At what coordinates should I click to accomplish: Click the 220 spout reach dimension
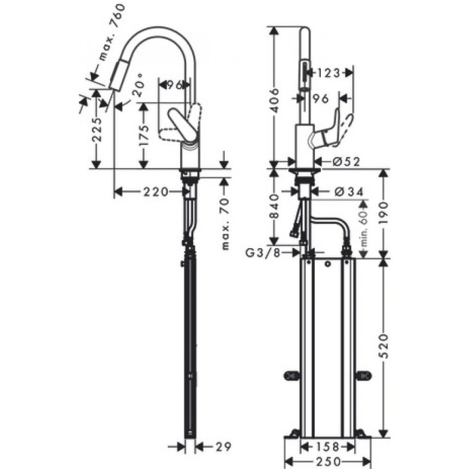point(156,192)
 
